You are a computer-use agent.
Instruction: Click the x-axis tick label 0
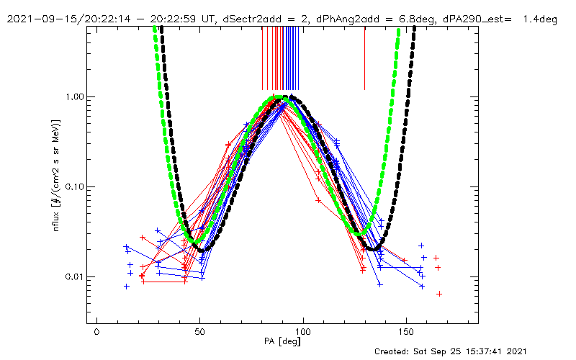click(96, 333)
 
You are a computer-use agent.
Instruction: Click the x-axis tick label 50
click(200, 333)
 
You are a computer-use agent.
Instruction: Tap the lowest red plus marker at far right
click(438, 294)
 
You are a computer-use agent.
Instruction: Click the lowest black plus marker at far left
click(127, 286)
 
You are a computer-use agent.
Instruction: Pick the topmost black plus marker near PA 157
click(421, 246)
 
